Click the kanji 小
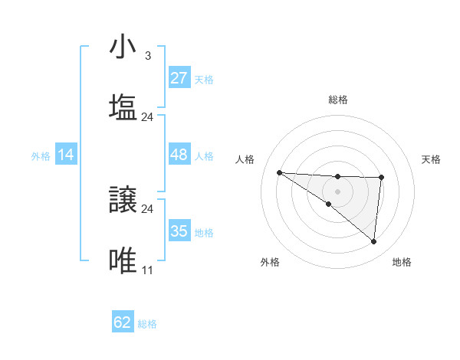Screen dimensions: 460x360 (x=123, y=48)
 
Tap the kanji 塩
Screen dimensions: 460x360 (x=123, y=108)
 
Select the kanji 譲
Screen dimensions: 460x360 (x=123, y=201)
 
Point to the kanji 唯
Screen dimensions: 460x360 (x=123, y=261)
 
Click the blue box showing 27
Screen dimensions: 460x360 (x=179, y=78)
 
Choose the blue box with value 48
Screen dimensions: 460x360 (x=179, y=155)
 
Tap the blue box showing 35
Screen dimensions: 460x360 (x=179, y=231)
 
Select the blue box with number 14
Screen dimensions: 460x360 (x=66, y=155)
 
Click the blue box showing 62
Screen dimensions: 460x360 (x=123, y=322)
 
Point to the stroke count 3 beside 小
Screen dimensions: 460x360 (x=147, y=56)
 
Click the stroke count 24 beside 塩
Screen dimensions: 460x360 (x=147, y=117)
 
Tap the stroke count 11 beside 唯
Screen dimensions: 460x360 (x=147, y=270)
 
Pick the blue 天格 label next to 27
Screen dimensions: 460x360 (x=204, y=79)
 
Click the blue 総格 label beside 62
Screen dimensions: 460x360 (x=147, y=324)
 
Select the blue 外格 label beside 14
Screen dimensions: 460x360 (x=41, y=155)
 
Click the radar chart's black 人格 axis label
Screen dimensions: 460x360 (x=245, y=159)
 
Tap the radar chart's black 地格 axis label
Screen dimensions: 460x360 (x=402, y=262)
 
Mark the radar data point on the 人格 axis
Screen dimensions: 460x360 (x=279, y=172)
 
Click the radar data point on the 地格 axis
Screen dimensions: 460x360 (x=374, y=242)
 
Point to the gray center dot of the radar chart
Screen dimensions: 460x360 (x=337, y=191)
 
